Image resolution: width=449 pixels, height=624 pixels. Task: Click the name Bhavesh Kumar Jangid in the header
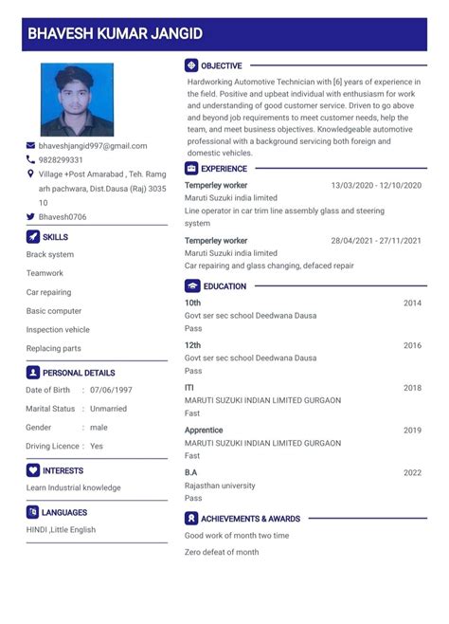coord(116,33)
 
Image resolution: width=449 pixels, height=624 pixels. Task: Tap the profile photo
coord(77,100)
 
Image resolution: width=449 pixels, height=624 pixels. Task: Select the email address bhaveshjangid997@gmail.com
coord(93,146)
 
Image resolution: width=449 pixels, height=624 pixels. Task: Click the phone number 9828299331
coord(61,160)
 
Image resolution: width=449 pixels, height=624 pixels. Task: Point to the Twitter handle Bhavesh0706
coord(63,217)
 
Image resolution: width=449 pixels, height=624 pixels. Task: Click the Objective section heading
coord(221,66)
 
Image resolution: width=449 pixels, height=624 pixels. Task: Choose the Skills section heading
coord(55,237)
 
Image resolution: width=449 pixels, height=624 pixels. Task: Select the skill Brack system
coord(50,255)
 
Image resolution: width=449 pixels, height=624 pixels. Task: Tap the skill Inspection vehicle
coord(58,330)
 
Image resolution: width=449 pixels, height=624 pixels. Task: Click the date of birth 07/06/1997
coord(111,390)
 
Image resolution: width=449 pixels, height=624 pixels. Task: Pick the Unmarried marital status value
coord(108,409)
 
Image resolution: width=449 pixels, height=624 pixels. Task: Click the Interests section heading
coord(63,470)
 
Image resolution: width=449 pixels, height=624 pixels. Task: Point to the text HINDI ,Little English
coord(61,530)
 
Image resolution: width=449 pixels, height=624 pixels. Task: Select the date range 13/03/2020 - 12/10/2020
coord(376,185)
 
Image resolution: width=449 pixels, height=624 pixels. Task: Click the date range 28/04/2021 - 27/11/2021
coord(376,241)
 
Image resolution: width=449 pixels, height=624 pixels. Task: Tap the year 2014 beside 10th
coord(412,303)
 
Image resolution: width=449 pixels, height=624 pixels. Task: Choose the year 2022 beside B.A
coord(412,472)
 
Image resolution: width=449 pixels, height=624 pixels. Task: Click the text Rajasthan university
coord(220,486)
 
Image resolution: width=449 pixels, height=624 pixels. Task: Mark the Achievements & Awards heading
coord(250,519)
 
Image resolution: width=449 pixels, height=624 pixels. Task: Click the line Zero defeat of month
coord(222,552)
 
